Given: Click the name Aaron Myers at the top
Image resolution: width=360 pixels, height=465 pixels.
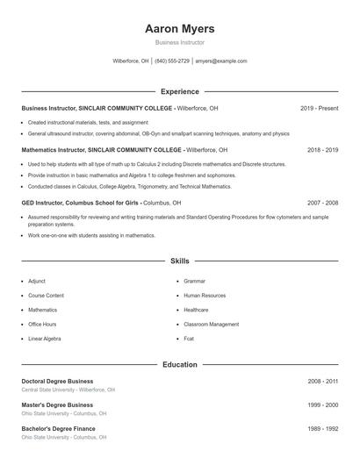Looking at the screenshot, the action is (179, 29).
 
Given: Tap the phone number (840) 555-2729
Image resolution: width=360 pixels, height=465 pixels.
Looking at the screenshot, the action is (173, 61).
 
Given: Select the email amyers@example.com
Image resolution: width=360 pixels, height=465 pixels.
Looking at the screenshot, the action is (221, 61).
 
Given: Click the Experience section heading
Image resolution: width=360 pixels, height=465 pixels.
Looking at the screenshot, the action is (179, 91).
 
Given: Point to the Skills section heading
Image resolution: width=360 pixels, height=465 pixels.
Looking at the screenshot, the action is (179, 261).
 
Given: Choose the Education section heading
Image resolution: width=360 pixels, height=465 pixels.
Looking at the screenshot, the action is (179, 364).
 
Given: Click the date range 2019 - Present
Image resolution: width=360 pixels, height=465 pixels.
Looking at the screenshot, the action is (319, 108).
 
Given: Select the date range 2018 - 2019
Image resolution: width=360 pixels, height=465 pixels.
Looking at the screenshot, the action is (322, 150).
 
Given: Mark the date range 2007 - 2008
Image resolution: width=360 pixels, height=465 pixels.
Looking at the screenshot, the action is (322, 203).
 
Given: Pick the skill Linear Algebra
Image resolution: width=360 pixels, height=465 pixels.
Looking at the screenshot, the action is (44, 338).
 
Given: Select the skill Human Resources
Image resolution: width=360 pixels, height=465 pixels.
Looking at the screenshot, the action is (205, 296).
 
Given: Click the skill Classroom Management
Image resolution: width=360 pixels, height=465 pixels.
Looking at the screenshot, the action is (211, 324).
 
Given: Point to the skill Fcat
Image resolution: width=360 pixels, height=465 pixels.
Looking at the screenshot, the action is (189, 338).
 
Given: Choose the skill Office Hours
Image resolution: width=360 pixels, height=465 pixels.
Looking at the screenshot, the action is (42, 324).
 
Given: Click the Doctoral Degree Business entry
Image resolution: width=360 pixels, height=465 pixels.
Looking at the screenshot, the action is (57, 382).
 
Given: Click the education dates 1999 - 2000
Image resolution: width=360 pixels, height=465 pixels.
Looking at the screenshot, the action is (322, 405).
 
